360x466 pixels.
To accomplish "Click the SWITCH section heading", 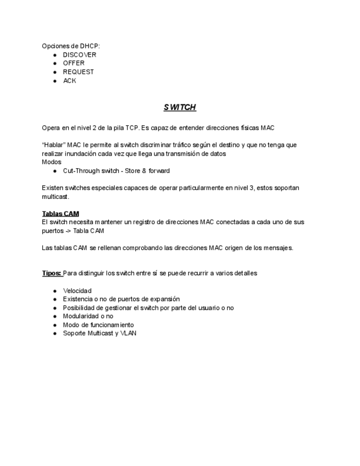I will [x=180, y=107].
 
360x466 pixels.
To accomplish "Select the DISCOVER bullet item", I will [x=79, y=55].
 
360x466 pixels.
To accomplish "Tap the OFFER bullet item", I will [x=74, y=63].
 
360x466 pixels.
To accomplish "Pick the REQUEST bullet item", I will [x=78, y=72].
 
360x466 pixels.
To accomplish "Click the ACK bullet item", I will [x=69, y=81].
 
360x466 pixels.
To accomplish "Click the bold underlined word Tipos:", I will [x=52, y=273].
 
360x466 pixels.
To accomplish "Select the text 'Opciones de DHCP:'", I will [x=71, y=46].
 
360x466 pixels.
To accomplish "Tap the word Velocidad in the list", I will [x=77, y=291].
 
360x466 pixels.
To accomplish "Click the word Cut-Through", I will [x=81, y=171].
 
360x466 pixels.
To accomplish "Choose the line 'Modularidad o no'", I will [x=88, y=316].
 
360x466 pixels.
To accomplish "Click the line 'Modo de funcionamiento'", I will [x=98, y=325].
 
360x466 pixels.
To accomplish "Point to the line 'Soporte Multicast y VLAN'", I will [x=99, y=333].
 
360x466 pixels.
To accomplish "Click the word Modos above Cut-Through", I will [x=52, y=162].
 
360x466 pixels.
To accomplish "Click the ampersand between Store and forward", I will [x=143, y=171].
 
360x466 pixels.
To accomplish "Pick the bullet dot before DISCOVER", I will [x=55, y=56].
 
